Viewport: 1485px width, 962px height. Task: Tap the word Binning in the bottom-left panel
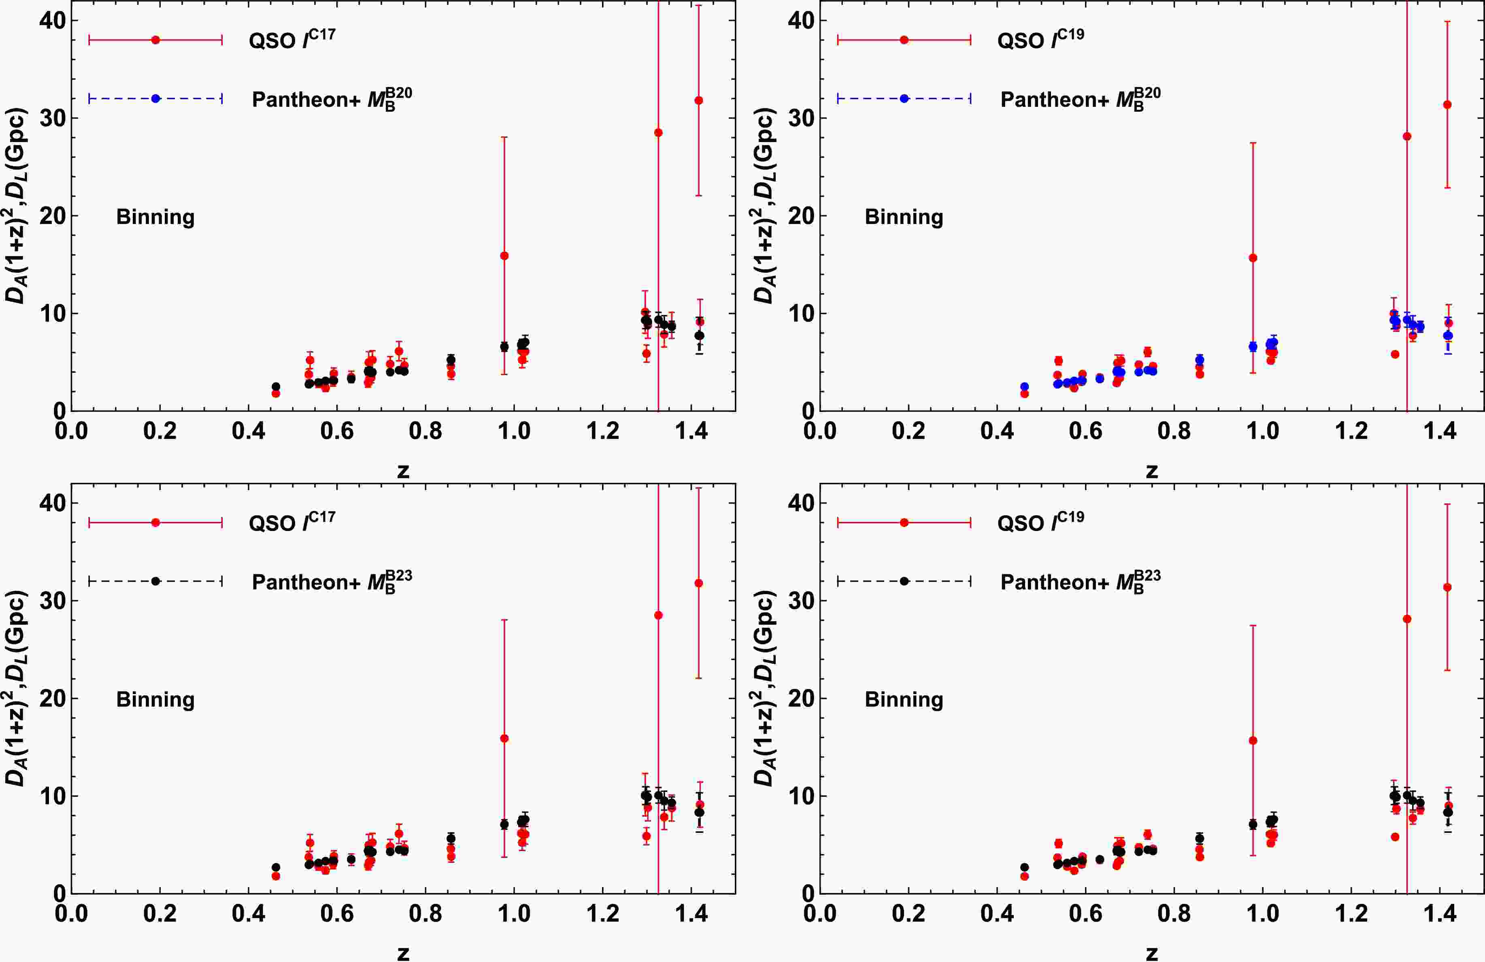[x=155, y=699]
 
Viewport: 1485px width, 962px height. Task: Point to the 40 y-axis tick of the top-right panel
[x=802, y=21]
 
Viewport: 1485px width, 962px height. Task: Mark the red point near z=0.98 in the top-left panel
[x=504, y=256]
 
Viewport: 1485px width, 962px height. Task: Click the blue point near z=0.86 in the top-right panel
[x=1199, y=360]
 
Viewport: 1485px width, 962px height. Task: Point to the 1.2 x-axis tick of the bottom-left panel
[x=603, y=913]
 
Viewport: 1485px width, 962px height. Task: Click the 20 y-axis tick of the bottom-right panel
[x=802, y=698]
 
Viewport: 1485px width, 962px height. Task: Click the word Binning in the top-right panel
[x=904, y=217]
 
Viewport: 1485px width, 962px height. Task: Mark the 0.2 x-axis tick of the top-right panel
[x=908, y=431]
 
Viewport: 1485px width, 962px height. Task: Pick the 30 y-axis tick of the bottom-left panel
[x=53, y=600]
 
